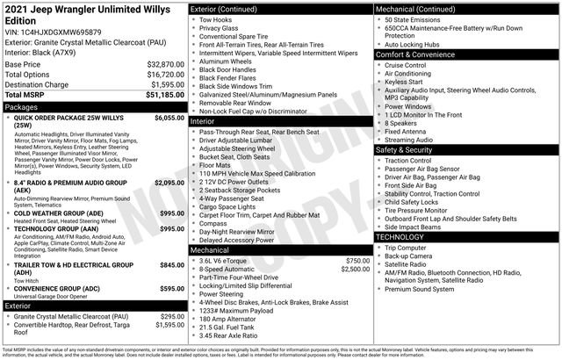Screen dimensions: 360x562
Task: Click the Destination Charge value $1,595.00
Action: [x=165, y=84]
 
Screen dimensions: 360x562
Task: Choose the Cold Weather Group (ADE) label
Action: [x=61, y=213]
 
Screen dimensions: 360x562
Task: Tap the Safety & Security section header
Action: [x=406, y=150]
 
